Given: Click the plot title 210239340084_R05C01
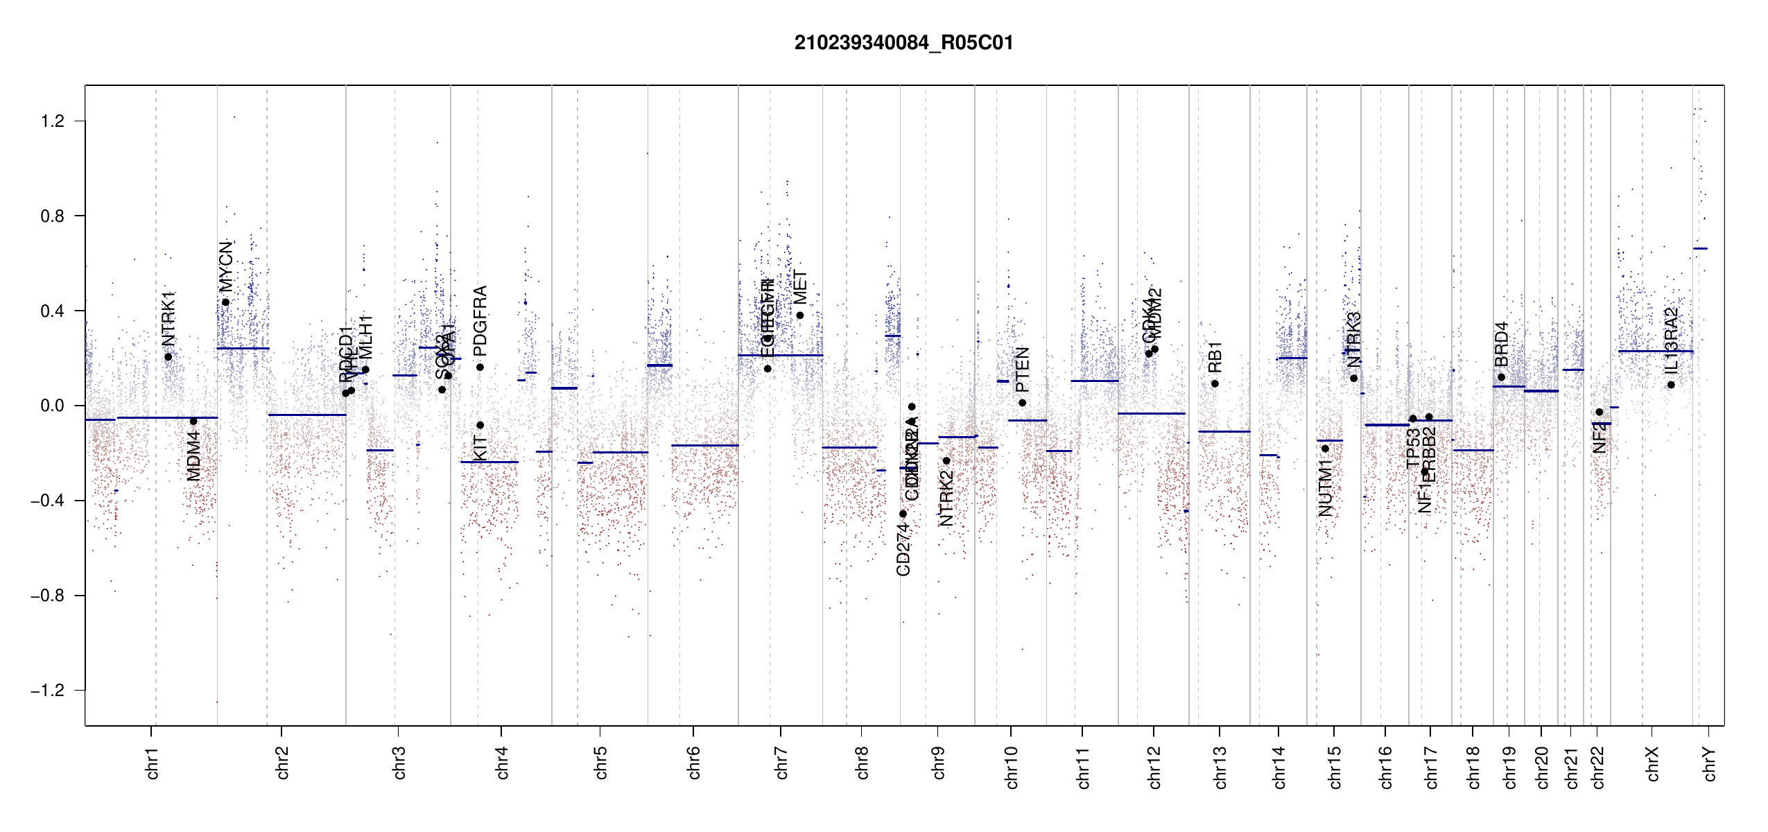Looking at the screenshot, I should pyautogui.click(x=903, y=43).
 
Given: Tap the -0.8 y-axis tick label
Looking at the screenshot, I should pyautogui.click(x=47, y=596).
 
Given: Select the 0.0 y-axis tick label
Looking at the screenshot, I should pyautogui.click(x=53, y=406).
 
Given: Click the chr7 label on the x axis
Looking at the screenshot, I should pyautogui.click(x=781, y=763).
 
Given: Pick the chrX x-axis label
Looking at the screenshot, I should pyautogui.click(x=1652, y=764).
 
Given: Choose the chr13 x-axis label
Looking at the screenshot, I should pyautogui.click(x=1220, y=767).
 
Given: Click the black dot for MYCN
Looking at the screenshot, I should pyautogui.click(x=225, y=302).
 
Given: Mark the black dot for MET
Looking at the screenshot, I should pyautogui.click(x=800, y=315).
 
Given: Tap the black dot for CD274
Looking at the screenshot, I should pyautogui.click(x=903, y=514).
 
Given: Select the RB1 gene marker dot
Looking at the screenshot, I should pyautogui.click(x=1215, y=383).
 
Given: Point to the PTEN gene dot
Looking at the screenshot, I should pyautogui.click(x=1022, y=403).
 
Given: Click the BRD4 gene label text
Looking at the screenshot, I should pyautogui.click(x=1501, y=345).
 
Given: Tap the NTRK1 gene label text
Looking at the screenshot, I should pyautogui.click(x=168, y=319).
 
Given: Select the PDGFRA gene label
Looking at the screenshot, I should pyautogui.click(x=480, y=320).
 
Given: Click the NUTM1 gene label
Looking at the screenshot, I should pyautogui.click(x=1325, y=492).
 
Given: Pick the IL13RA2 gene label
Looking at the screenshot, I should pyautogui.click(x=1671, y=340).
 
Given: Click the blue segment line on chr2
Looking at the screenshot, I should pyautogui.click(x=307, y=415).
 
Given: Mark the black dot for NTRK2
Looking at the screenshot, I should pyautogui.click(x=946, y=461).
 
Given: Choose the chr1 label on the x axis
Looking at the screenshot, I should pyautogui.click(x=153, y=763).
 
